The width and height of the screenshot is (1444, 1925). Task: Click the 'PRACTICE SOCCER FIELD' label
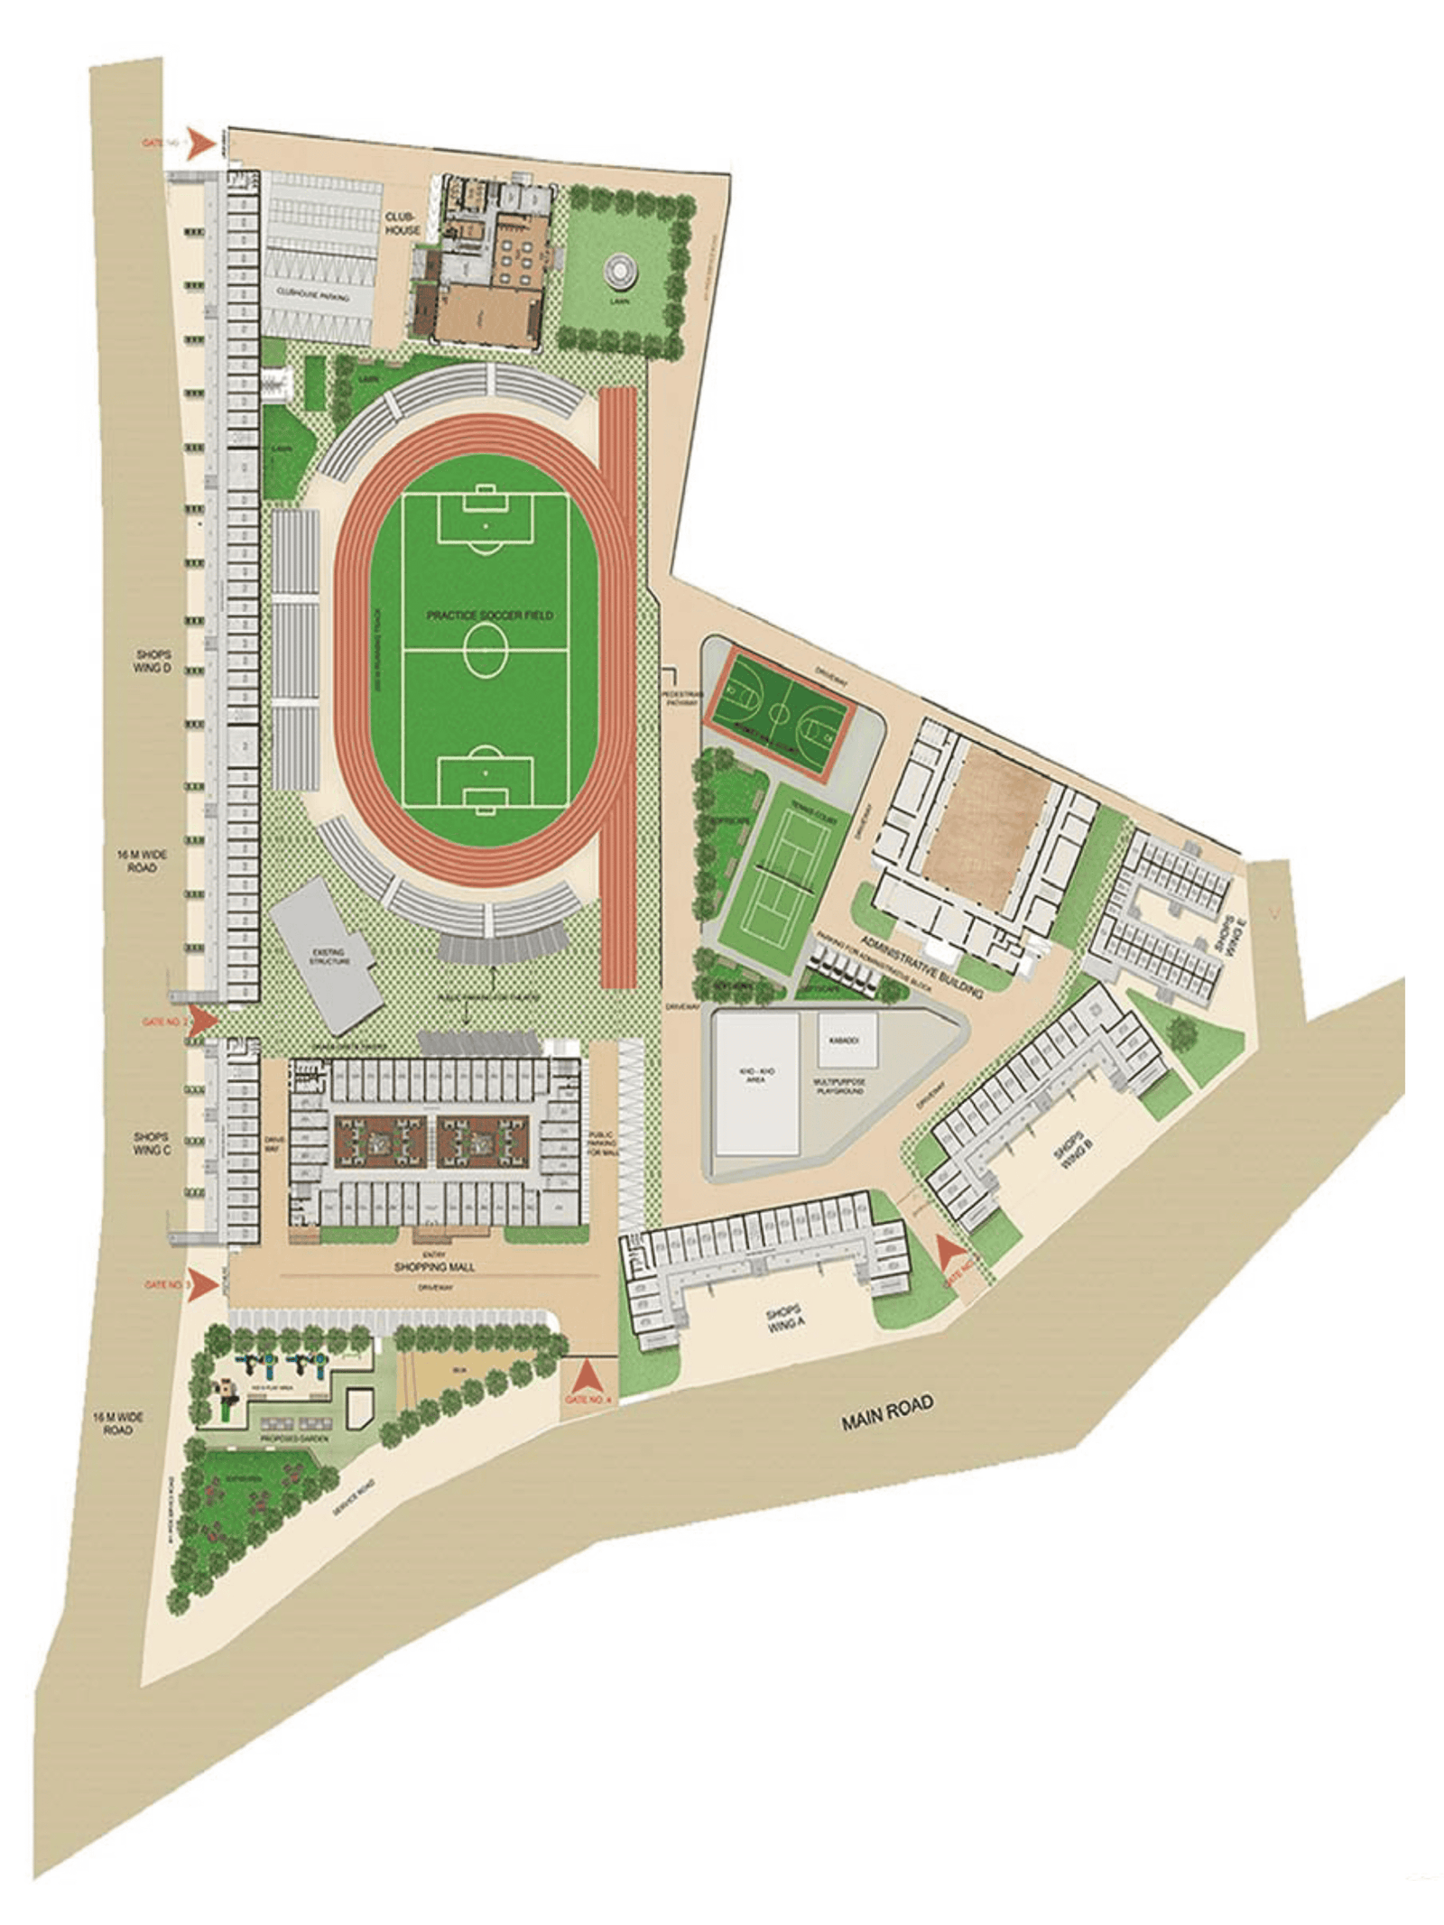pos(489,615)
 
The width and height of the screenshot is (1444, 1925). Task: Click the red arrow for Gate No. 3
pos(205,1284)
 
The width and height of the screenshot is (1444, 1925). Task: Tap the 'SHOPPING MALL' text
pos(434,1267)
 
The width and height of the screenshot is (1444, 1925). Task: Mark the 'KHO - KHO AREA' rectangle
pos(756,1083)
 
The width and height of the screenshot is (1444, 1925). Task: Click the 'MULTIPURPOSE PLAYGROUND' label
pos(840,1086)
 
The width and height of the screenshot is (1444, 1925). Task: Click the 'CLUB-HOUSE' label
pos(403,224)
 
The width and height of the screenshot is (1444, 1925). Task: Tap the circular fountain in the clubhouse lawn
pos(619,268)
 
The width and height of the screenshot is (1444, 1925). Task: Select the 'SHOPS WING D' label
pos(153,661)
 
